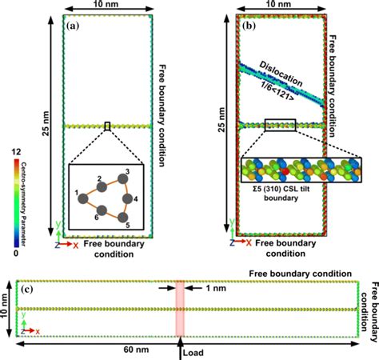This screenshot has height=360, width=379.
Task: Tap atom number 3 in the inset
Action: [125, 174]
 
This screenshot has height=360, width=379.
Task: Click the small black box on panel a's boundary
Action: [107, 126]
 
